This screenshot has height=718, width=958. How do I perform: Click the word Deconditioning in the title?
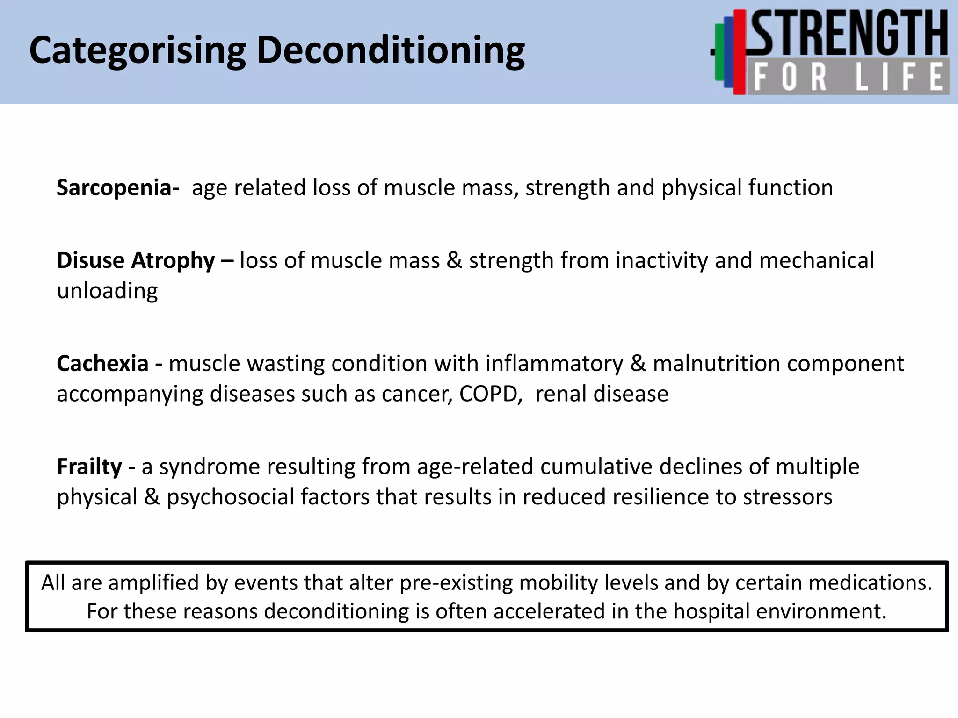pos(391,50)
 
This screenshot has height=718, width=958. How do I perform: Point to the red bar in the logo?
pos(739,51)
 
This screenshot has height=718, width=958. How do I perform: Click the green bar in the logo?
pos(719,51)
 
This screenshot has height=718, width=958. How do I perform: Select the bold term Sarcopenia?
pos(117,188)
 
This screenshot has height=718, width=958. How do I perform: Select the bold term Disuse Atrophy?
pos(136,261)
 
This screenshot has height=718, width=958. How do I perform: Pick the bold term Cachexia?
pos(102,364)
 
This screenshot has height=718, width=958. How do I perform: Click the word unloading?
pos(107,291)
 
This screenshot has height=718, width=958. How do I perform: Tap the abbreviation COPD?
pos(490,394)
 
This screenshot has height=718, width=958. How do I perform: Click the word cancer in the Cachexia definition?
pos(417,394)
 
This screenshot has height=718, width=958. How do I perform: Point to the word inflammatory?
pos(554,364)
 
